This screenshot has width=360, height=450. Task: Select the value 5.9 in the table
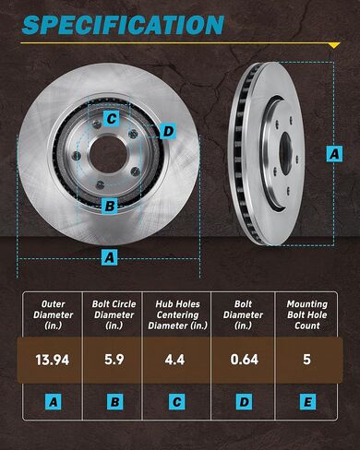[x=112, y=359]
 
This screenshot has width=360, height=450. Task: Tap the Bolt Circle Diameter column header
[x=112, y=314]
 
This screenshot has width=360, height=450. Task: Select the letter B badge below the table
[x=112, y=402]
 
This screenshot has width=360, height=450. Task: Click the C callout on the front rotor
[x=110, y=118]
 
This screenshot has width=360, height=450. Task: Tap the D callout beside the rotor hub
[x=167, y=131]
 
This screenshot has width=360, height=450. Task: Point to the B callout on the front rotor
[x=109, y=206]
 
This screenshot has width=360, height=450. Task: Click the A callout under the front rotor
[x=109, y=257]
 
